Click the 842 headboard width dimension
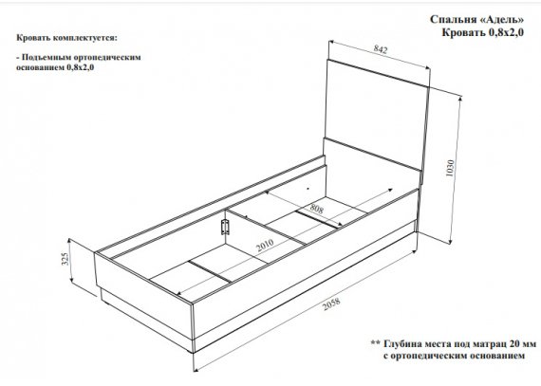(381, 49)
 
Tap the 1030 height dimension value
(450, 168)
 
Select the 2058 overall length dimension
(331, 303)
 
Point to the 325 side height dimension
(65, 257)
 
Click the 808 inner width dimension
(316, 209)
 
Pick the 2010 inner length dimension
(265, 245)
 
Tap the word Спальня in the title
(454, 20)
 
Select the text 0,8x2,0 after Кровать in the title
(506, 33)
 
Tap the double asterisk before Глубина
(376, 343)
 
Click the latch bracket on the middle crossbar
(225, 227)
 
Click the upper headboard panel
(377, 114)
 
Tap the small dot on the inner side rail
(308, 189)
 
